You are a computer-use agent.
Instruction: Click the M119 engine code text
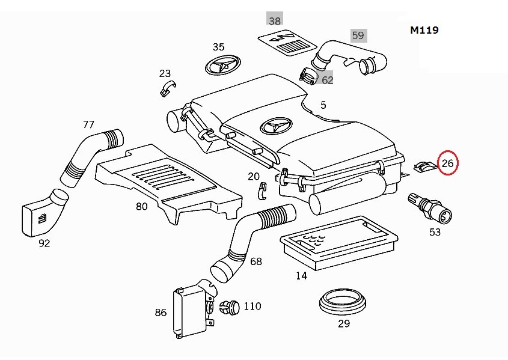click(x=424, y=30)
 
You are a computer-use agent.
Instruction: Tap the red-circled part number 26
click(x=448, y=163)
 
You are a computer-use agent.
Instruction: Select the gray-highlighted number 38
click(x=275, y=20)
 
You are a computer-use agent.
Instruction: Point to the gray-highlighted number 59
click(x=358, y=35)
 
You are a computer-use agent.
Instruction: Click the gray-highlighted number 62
click(x=327, y=80)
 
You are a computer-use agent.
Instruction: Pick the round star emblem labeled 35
click(x=223, y=64)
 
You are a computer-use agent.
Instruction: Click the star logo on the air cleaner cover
click(x=277, y=126)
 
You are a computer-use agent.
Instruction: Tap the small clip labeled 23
click(x=168, y=87)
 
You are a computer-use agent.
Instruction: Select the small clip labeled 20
click(x=263, y=191)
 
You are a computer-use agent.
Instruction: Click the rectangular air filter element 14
click(x=339, y=242)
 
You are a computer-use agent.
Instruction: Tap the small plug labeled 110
click(x=230, y=307)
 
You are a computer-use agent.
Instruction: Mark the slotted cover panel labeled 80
click(x=168, y=183)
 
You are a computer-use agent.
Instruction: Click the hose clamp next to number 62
click(x=308, y=76)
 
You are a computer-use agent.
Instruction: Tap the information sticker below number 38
click(x=287, y=43)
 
